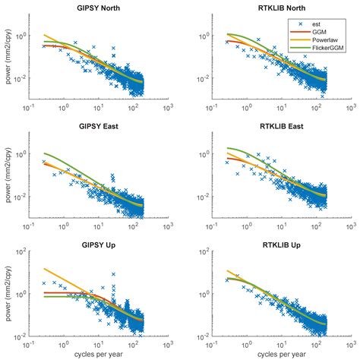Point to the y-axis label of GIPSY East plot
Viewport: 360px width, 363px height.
point(8,179)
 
